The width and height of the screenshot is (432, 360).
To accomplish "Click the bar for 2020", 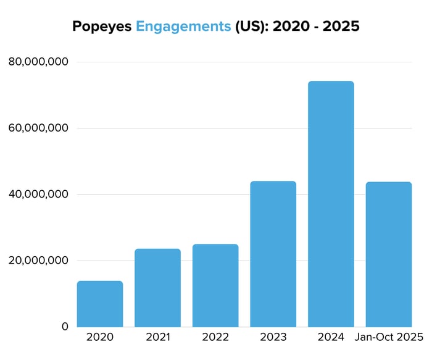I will pos(100,304).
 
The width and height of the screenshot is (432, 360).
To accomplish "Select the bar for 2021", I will pos(157,288).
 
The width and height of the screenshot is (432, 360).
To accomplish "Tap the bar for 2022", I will pos(215,285).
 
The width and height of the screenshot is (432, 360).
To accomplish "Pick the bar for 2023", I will pos(273,254).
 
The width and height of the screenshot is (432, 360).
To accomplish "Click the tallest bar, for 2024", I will pos(331,204).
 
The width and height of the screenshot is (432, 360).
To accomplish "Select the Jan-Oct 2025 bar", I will pos(389,254).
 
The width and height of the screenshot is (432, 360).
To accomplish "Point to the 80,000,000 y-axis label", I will pos(38,62).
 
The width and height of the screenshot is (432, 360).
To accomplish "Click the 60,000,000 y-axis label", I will pos(38,128).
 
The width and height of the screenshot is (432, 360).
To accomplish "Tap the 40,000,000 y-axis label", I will pos(38,195).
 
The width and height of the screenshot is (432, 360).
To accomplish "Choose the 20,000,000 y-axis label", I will pos(38,261).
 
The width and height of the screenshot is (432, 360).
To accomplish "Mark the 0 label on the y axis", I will pos(64,327).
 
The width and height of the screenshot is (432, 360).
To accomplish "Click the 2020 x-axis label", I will pos(100,338).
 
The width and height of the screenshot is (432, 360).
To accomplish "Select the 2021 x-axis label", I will pos(157,338).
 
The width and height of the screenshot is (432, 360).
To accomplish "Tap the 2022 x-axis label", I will pos(215,338).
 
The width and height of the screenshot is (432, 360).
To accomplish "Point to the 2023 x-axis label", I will pos(273,338).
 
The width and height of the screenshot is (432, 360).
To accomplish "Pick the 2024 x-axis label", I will pos(331,338).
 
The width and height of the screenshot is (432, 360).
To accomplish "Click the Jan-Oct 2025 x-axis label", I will pos(389,338).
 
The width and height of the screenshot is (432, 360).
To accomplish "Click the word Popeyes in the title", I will pos(102,27).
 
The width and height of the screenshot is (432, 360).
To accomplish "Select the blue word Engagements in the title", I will pos(183,27).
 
